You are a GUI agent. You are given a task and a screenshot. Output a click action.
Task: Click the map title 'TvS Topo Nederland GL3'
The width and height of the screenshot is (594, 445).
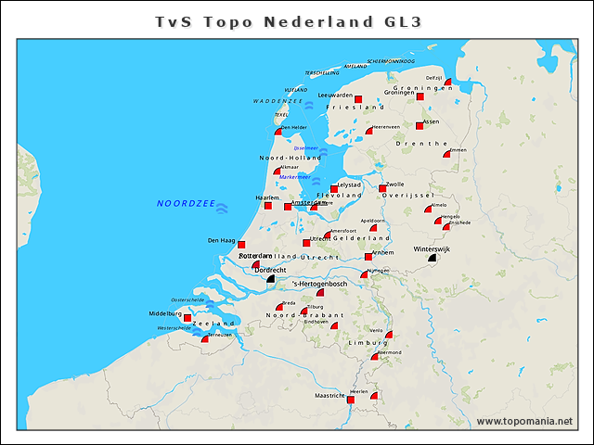(x=296, y=20)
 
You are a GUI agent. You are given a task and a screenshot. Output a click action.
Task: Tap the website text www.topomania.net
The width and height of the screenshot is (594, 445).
(x=524, y=421)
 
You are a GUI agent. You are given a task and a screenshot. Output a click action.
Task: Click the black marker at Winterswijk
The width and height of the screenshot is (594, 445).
(x=432, y=259)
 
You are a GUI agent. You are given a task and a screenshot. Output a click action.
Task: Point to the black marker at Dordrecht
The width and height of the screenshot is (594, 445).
(x=270, y=278)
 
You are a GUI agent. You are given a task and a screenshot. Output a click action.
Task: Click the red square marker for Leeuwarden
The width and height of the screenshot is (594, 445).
(x=358, y=99)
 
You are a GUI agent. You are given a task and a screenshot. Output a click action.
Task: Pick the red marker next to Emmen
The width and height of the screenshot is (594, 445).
(x=446, y=155)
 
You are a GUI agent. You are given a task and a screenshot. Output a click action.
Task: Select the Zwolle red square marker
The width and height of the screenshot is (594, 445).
(x=382, y=189)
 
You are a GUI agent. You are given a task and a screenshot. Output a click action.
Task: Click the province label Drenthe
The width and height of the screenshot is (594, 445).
(x=415, y=144)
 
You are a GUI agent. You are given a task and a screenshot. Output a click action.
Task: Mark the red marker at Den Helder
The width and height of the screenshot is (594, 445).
(x=278, y=133)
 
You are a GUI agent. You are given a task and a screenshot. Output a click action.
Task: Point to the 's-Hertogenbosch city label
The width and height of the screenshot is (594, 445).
(x=319, y=283)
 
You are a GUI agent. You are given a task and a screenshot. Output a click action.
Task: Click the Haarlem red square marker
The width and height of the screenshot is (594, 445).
(x=267, y=206)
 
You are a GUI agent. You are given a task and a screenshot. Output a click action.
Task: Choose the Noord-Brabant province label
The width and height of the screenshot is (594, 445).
(x=304, y=316)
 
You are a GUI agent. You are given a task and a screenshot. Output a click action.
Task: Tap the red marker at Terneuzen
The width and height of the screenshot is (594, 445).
(x=205, y=339)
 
